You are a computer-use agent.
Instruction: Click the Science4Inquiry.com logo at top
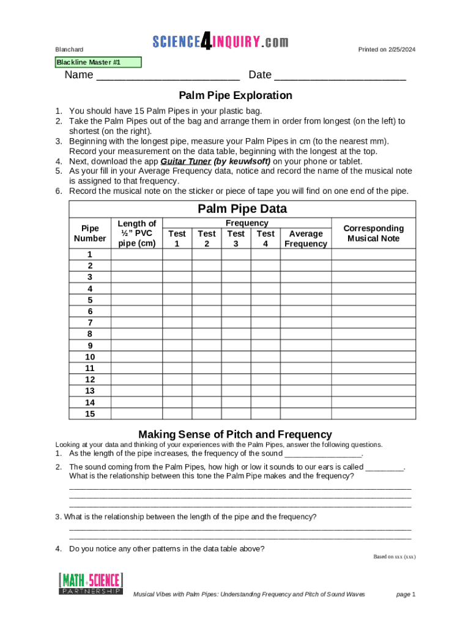coord(220,42)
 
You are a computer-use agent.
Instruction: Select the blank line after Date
coord(339,76)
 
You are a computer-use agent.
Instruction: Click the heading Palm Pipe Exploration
coord(236,95)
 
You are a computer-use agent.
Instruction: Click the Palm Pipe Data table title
coord(242,209)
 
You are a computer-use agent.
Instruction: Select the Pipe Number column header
coord(90,234)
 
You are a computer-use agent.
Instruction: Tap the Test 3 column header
coord(236,238)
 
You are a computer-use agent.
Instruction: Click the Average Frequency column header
coord(306,238)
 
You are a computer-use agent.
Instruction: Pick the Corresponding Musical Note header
coord(373,234)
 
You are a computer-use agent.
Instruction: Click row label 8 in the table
coord(90,334)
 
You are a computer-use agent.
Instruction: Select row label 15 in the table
coord(90,413)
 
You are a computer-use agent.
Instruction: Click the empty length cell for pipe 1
coord(137,254)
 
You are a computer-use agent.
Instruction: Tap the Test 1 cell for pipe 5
coord(177,300)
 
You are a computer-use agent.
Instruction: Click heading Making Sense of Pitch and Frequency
coord(235,434)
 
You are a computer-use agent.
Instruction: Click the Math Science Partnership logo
coord(91,584)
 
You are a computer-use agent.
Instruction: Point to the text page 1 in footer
coord(406,594)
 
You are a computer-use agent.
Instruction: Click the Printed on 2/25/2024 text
coord(387,50)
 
